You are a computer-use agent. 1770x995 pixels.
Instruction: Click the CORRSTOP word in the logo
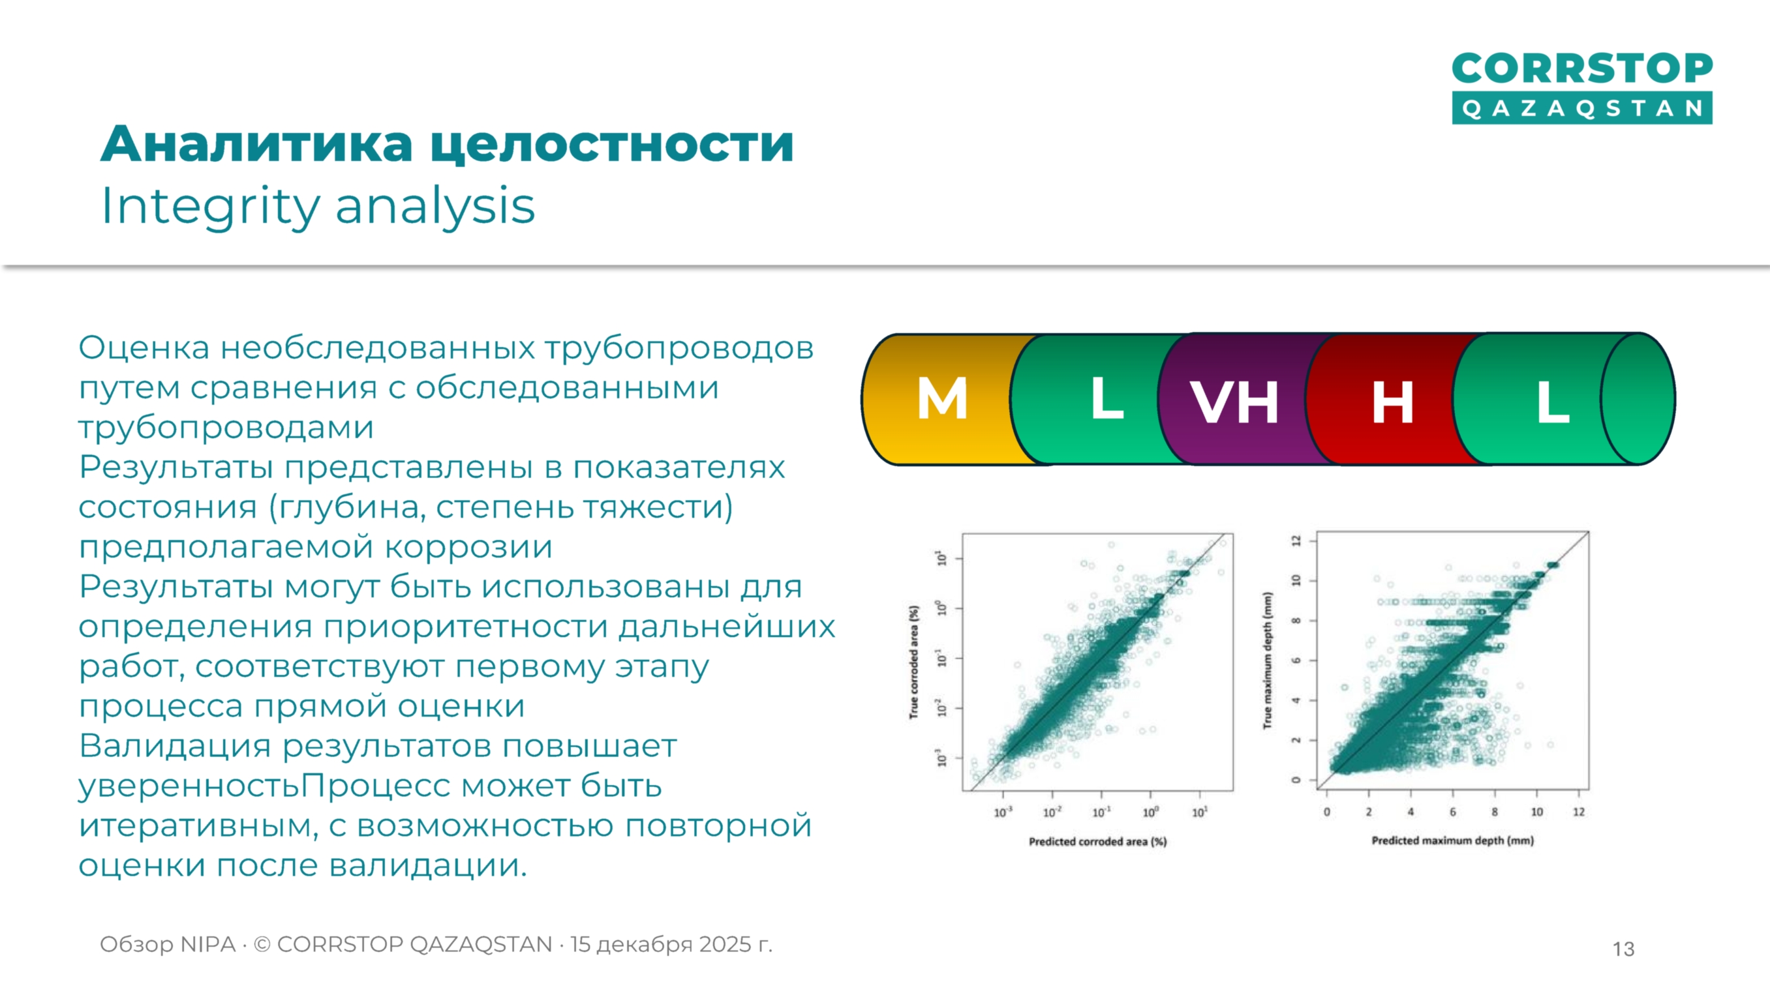[1581, 68]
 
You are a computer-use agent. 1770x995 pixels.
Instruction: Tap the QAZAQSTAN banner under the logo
[1581, 108]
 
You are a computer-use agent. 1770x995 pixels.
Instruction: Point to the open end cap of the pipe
[1638, 399]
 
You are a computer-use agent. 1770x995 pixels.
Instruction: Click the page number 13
[1623, 949]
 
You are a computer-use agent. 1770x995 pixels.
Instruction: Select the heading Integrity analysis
[318, 206]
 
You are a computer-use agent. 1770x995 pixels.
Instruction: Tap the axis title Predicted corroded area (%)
[1097, 841]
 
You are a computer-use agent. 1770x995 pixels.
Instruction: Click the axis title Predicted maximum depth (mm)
[1452, 840]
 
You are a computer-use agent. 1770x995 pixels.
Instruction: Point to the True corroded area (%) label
[914, 662]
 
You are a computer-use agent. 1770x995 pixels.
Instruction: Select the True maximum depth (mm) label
[1268, 660]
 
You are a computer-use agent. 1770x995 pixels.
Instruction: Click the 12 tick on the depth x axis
[1579, 812]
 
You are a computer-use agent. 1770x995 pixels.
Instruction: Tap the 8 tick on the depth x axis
[1495, 812]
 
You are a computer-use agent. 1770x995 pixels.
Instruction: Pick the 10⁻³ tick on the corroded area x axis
[1003, 812]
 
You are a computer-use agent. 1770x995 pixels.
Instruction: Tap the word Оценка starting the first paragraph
[144, 348]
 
